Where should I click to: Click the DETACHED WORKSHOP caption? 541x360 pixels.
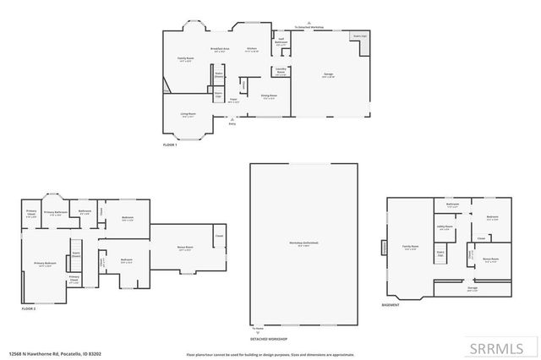(x=268, y=339)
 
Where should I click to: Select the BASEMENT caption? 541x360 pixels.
(x=391, y=305)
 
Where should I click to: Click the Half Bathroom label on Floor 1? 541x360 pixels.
(x=281, y=39)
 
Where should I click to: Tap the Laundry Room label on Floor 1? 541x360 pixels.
(x=281, y=72)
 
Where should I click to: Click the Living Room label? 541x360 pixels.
(x=189, y=115)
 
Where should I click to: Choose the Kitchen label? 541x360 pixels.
(x=251, y=50)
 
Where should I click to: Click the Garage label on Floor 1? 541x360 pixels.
(x=327, y=74)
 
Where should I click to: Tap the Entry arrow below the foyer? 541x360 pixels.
(x=232, y=124)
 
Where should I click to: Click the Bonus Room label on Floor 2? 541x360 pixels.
(x=184, y=248)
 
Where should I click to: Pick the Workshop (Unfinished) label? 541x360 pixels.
(x=299, y=245)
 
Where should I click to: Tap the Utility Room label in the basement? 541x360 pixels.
(x=445, y=226)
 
